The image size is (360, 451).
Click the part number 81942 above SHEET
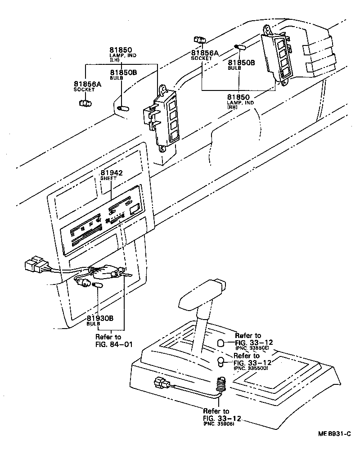112,173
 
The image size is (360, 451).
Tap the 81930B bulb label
100,318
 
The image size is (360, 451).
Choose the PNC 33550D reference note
251,368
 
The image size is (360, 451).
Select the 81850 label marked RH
238,97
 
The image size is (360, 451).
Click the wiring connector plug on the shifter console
159,384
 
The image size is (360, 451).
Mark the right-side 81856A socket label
204,53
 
